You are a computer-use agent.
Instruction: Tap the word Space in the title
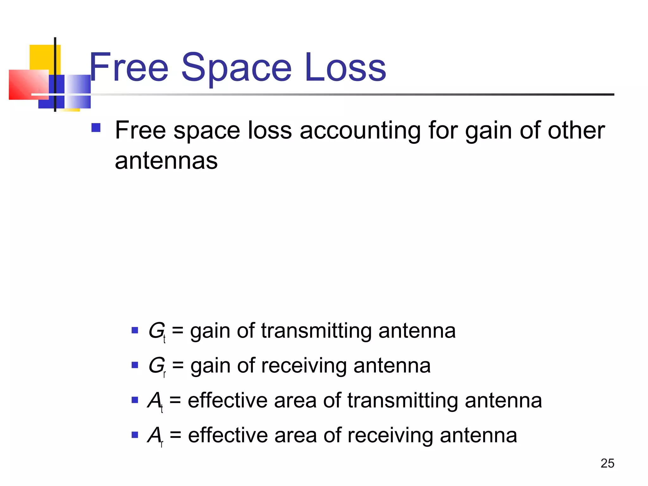click(x=236, y=68)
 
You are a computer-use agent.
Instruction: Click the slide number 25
click(x=607, y=463)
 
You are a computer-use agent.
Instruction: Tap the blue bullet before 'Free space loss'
click(x=96, y=128)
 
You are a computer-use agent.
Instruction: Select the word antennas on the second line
click(x=166, y=161)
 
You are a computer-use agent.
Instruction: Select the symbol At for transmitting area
click(x=155, y=401)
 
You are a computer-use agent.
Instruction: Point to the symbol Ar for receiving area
click(x=155, y=436)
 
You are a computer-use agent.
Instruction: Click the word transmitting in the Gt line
click(x=316, y=331)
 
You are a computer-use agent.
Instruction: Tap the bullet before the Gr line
click(x=135, y=365)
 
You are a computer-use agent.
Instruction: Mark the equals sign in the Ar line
click(x=175, y=436)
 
